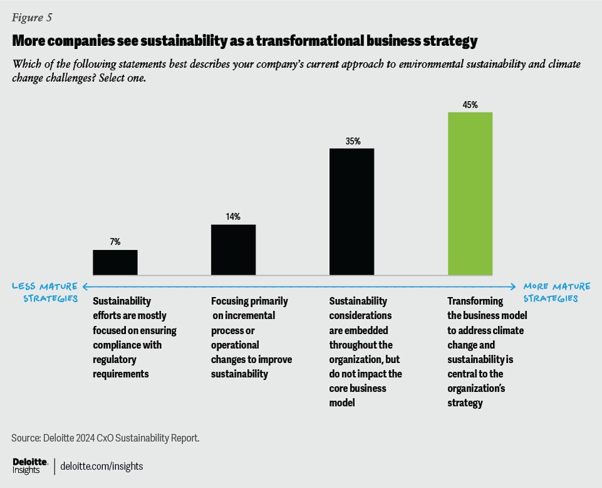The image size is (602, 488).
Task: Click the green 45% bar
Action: click(470, 193)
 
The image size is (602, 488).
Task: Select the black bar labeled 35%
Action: click(351, 212)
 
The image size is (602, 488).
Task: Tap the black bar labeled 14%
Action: click(233, 249)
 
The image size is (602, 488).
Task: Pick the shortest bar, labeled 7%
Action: click(115, 263)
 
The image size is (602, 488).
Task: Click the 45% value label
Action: click(470, 105)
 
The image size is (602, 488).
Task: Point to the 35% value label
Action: click(352, 141)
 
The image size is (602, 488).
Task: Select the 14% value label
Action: click(233, 217)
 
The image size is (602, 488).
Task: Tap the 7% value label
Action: click(115, 242)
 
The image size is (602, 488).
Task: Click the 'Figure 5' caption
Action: click(32, 17)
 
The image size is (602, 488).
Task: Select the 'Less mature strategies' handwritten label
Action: click(45, 292)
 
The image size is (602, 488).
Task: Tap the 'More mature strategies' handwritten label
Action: click(556, 292)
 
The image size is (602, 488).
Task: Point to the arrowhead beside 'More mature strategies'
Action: click(513, 287)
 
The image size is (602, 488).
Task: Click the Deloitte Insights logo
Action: click(30, 465)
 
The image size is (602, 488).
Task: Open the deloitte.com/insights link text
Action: click(102, 466)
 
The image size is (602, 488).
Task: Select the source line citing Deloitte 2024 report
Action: click(105, 437)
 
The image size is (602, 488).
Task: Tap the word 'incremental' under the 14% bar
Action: click(242, 315)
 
